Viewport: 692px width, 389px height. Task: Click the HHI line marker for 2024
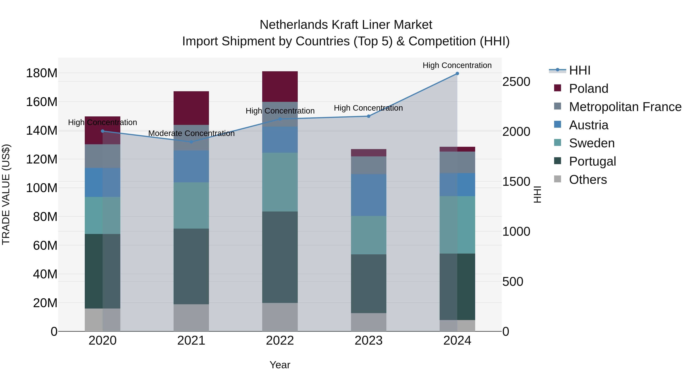point(457,74)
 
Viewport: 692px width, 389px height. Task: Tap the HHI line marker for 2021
point(191,142)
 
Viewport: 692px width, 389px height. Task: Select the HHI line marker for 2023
point(368,116)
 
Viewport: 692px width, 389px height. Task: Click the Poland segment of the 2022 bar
point(280,86)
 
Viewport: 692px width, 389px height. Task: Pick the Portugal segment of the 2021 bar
point(191,266)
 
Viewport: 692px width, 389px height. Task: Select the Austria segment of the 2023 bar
point(368,195)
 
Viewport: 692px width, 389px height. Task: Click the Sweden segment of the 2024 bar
point(457,225)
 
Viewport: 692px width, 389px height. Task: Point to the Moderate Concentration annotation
point(191,134)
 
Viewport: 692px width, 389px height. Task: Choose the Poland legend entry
point(588,89)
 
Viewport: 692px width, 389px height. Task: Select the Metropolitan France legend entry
point(625,107)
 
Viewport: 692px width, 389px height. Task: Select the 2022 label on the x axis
point(280,341)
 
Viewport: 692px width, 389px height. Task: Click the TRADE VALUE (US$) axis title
point(6,194)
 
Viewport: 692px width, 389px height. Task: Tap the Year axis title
point(280,365)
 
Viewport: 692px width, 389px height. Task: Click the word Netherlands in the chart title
point(294,25)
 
